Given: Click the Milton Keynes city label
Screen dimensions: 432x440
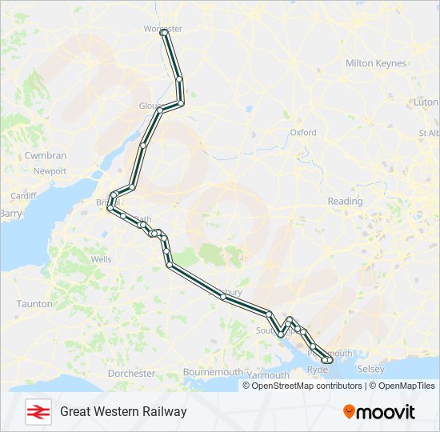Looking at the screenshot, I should tap(377, 62).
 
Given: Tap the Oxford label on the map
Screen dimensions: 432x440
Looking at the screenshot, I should tap(303, 133).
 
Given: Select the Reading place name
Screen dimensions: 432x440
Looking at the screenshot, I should tap(345, 202).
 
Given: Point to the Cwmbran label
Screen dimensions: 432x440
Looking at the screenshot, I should tap(46, 156).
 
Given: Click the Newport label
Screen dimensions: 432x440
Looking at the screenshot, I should tap(50, 171).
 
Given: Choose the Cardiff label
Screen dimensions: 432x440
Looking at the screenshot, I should tap(23, 196).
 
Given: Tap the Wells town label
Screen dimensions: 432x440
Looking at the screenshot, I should tap(102, 259).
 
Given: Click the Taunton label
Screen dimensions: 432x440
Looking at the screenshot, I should tap(34, 304).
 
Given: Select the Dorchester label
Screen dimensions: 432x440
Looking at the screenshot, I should tap(132, 373).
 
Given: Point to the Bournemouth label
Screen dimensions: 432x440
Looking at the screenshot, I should tap(213, 373).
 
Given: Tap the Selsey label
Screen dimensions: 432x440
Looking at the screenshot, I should tap(370, 369).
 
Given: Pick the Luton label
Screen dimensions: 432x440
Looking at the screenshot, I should tap(426, 102).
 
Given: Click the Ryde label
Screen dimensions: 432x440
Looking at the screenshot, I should tap(318, 370).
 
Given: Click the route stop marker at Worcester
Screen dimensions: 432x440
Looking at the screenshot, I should tap(164, 33).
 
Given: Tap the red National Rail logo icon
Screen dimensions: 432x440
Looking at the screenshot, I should tap(36, 411).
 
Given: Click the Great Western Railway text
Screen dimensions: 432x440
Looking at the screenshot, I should tap(123, 411).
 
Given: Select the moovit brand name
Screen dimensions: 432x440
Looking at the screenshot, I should tap(386, 412).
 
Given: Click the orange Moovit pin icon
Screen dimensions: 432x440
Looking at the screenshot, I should tap(349, 412).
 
